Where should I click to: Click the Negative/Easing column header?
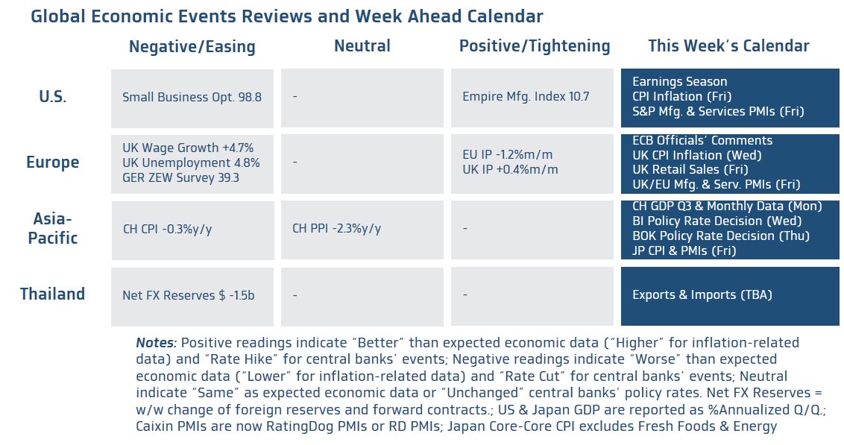coord(192,47)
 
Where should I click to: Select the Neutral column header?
coord(362,46)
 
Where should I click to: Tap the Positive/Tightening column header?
coord(535,46)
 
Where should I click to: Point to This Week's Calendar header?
coord(728,46)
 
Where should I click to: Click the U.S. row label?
coord(53,97)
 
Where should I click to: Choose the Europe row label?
coord(52,162)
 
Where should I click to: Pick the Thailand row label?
coord(52,294)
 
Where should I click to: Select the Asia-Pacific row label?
coord(53,228)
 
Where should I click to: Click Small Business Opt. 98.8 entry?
coord(192,97)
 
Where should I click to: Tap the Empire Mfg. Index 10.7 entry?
coord(526,97)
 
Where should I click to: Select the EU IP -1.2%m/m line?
coord(508,155)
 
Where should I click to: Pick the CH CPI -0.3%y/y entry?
coord(167,229)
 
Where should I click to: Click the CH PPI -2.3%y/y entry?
coord(336,228)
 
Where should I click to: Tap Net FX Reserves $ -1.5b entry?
coord(189,295)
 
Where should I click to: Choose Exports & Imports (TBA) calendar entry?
coord(702,295)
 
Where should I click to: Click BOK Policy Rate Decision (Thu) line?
coord(719,236)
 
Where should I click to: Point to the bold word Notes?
coord(156,343)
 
